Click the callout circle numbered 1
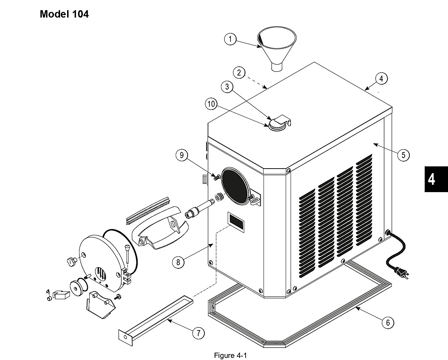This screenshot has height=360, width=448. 230,39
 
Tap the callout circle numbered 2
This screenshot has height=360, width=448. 239,72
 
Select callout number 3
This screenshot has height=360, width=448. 227,86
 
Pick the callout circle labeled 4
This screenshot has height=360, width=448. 381,79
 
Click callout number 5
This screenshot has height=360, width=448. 403,155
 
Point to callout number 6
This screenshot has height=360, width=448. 388,322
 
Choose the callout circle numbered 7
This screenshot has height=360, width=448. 198,333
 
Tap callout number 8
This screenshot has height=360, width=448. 178,262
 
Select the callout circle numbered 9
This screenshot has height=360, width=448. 182,155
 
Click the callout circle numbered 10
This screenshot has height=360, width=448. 211,104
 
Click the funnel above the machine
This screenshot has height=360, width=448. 277,49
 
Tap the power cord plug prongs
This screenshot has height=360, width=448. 404,274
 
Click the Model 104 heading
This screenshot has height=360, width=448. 64,14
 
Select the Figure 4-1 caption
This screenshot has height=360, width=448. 230,355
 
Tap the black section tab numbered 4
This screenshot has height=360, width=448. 436,179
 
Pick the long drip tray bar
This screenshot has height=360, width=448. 156,321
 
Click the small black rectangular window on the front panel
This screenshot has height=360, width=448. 236,222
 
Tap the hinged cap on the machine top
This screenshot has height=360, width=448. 279,123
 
